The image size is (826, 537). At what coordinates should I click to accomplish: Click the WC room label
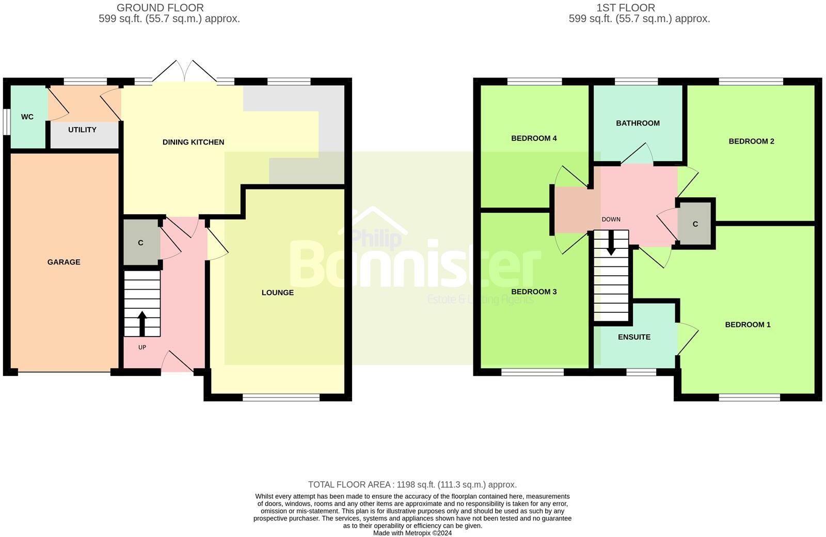[x=27, y=117]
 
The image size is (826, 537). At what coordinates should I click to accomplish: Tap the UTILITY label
[x=82, y=130]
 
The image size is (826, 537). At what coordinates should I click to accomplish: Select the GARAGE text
[x=64, y=262]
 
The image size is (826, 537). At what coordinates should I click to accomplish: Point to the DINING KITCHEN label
[x=193, y=142]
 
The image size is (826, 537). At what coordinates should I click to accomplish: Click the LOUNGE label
[x=278, y=293]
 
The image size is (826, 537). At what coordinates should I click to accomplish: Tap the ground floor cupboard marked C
[x=140, y=243]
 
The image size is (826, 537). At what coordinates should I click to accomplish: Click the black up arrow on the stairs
[x=141, y=323]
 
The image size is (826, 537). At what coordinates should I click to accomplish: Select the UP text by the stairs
[x=142, y=348]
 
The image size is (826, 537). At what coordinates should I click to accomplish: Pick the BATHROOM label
[x=638, y=123]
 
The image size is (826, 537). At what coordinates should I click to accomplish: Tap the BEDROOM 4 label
[x=534, y=138]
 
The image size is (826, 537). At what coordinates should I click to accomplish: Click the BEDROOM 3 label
[x=534, y=292]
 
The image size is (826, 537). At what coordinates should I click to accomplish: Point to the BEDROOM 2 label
[x=751, y=141]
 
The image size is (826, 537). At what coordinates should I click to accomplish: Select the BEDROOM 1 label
[x=748, y=325]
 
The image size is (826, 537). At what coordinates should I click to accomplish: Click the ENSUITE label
[x=634, y=337]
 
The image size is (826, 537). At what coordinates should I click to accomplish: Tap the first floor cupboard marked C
[x=695, y=224]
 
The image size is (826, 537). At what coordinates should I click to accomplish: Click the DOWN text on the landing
[x=611, y=219]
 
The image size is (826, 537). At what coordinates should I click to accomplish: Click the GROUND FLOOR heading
[x=160, y=8]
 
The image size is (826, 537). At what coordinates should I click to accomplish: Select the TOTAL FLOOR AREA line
[x=412, y=485]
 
